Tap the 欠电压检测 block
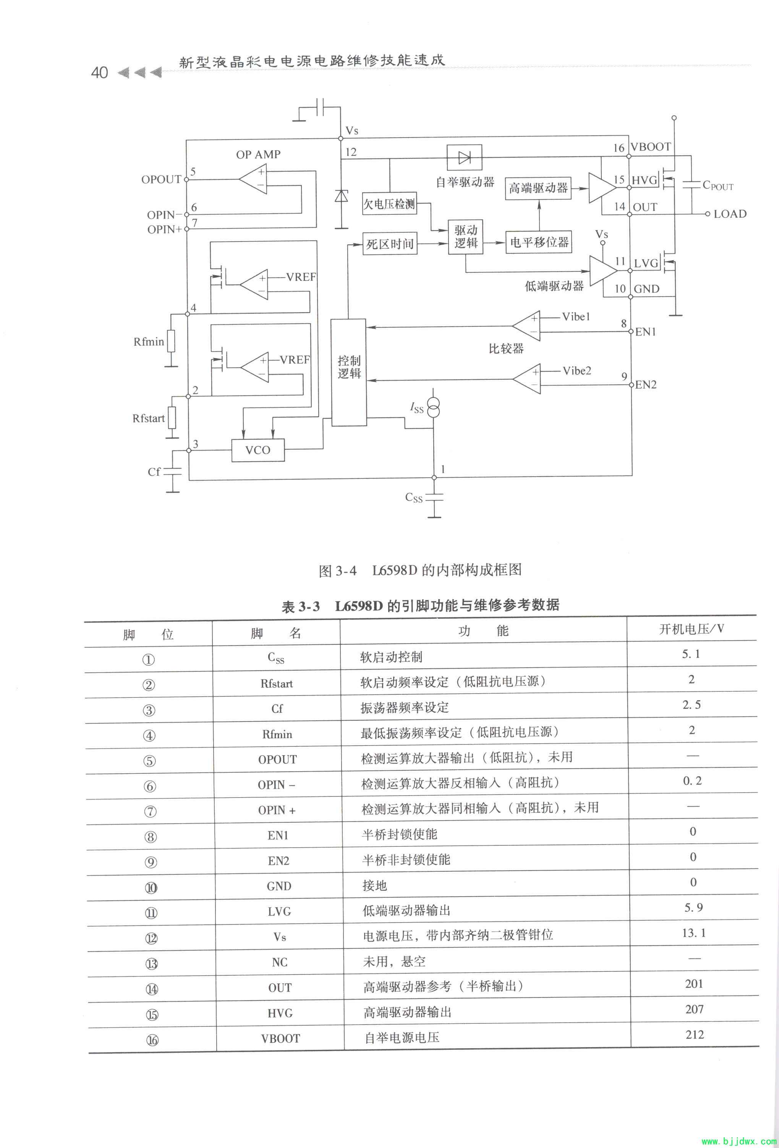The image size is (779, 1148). (x=389, y=204)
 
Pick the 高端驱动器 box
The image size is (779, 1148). (x=538, y=188)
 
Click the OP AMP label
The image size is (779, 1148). (x=258, y=155)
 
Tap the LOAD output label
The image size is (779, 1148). (x=730, y=214)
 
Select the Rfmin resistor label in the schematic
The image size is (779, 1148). (x=148, y=342)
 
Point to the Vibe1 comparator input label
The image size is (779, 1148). (x=576, y=317)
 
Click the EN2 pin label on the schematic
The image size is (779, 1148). (x=646, y=385)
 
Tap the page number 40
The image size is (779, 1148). (x=99, y=73)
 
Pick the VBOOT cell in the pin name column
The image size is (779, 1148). (x=280, y=1038)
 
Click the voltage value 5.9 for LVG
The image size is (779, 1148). (x=693, y=908)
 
